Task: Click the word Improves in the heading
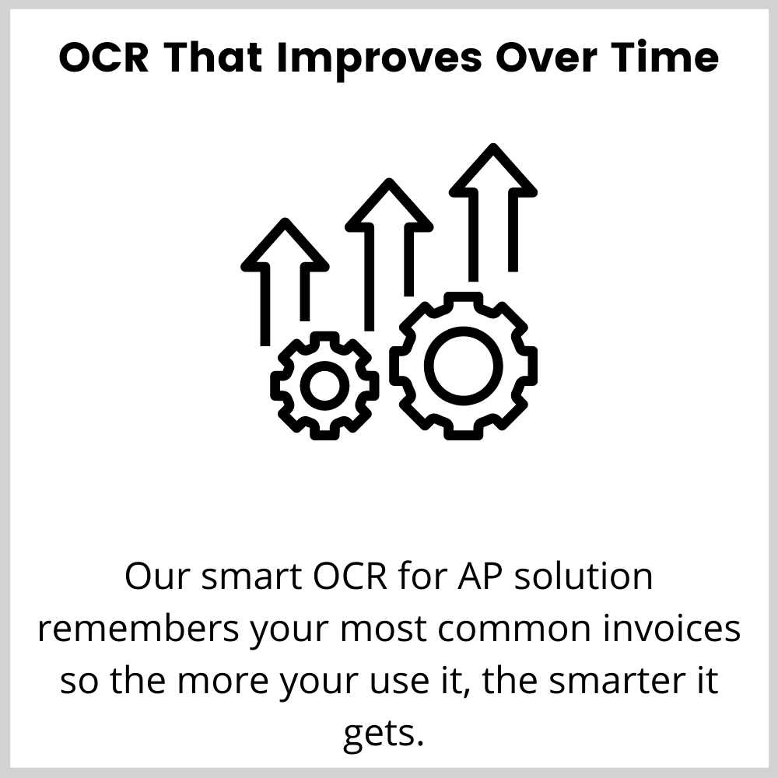pyautogui.click(x=379, y=59)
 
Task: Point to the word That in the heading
pyautogui.click(x=213, y=58)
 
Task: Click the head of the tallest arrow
pyautogui.click(x=492, y=170)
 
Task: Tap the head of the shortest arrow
pyautogui.click(x=285, y=245)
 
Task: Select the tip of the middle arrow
pyautogui.click(x=389, y=179)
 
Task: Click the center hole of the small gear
pyautogui.click(x=324, y=386)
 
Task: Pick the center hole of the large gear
pyautogui.click(x=464, y=366)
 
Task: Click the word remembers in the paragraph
pyautogui.click(x=138, y=629)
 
